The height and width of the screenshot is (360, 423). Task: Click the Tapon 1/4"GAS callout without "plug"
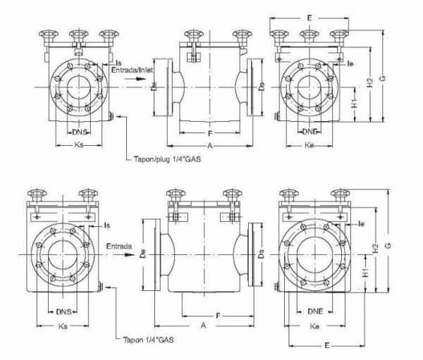pos(148,339)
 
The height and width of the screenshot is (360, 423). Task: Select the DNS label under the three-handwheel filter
pos(80,132)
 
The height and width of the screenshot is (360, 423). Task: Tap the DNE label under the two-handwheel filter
pos(314,311)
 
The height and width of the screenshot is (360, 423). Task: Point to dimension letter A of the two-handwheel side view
pos(203,326)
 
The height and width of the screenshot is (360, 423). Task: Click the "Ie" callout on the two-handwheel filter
pos(360,224)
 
